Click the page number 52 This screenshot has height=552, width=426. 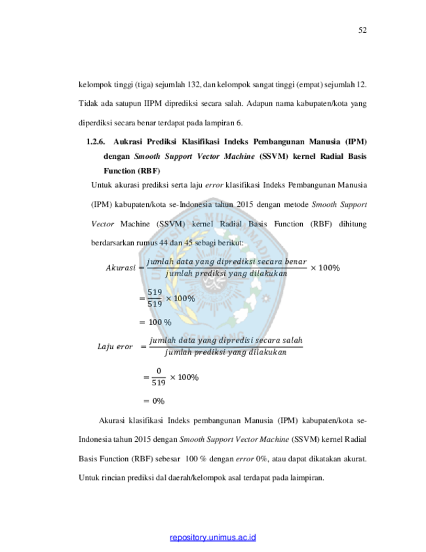coord(362,30)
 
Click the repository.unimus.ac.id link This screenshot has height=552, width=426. coord(212,538)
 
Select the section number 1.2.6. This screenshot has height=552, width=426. coord(96,142)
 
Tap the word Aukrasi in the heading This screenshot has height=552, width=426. coord(126,142)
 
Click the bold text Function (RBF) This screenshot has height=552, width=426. coord(132,171)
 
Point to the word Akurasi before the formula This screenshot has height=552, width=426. coord(121,268)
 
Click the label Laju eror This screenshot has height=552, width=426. coord(115,347)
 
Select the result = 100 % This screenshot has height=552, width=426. coord(155,322)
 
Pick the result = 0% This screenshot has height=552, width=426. coord(154,401)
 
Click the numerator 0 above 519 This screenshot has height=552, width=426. coord(159,371)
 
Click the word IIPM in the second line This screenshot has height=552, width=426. coord(153,104)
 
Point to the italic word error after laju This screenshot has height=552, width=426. coord(214,185)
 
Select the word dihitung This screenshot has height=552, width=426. coord(353,224)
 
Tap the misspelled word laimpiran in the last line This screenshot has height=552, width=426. coord(307,478)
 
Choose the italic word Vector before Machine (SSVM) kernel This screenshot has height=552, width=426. coord(103,224)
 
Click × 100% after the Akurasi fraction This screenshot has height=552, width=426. coord(325,268)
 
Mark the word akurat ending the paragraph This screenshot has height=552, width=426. coord(355,459)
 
